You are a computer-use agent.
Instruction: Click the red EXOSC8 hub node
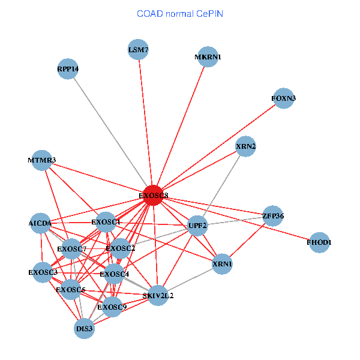[x=153, y=195]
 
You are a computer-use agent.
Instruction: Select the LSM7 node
[x=138, y=50]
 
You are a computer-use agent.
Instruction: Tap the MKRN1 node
[x=208, y=57]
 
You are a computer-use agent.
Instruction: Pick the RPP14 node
[x=68, y=68]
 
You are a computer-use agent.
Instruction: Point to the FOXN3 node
[x=283, y=98]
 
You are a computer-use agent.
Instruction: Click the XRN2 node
[x=246, y=146]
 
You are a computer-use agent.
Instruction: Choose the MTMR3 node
[x=41, y=160]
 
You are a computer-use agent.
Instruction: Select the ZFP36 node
[x=273, y=216]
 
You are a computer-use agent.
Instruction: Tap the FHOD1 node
[x=319, y=242]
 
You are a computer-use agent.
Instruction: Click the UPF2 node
[x=197, y=226]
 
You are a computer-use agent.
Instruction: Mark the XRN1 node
[x=222, y=264]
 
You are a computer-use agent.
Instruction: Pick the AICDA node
[x=40, y=223]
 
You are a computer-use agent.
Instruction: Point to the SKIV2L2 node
[x=158, y=295]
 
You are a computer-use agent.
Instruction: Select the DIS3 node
[x=85, y=328]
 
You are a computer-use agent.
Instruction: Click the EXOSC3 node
[x=43, y=272]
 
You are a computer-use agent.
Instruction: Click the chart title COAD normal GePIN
[x=180, y=13]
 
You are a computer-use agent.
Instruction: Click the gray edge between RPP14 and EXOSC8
[x=111, y=132]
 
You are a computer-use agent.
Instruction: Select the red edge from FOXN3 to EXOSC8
[x=218, y=146]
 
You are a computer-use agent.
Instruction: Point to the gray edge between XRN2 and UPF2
[x=222, y=185]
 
